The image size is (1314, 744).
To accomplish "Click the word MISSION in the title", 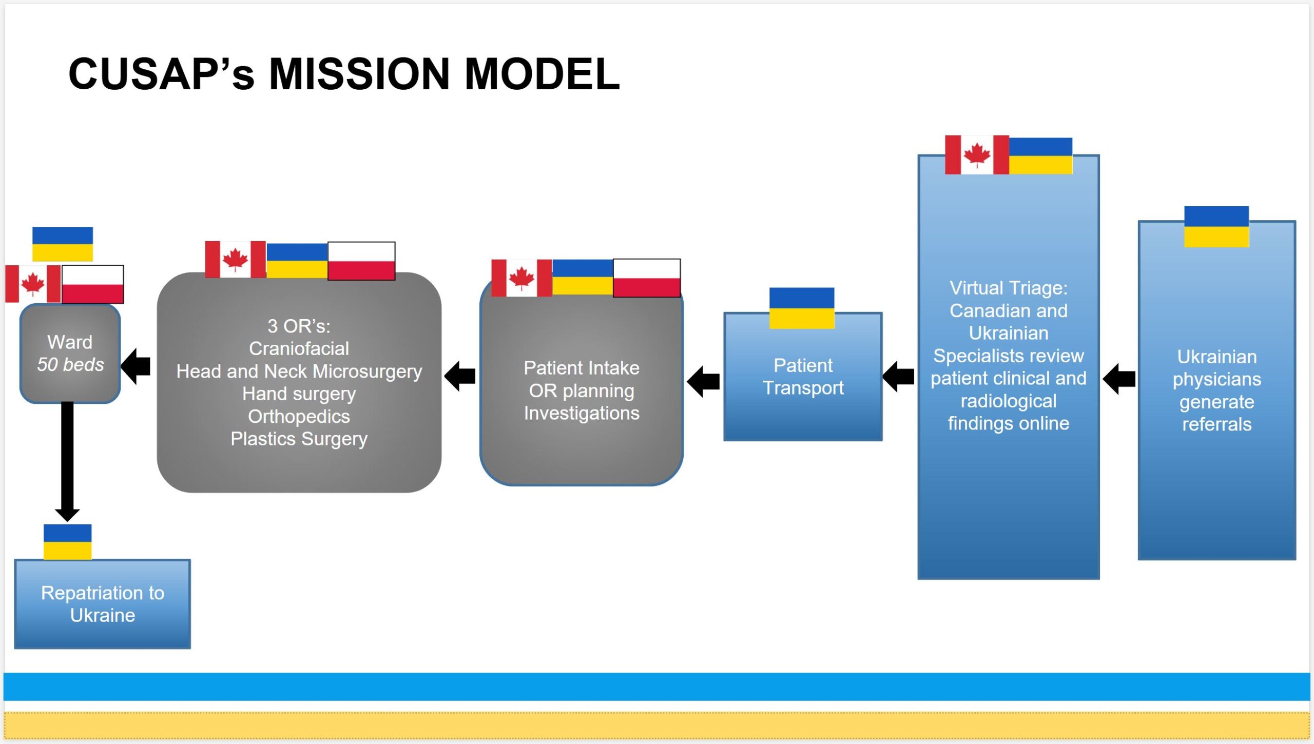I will click(x=359, y=74).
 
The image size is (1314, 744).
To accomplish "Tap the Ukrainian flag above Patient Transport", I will click(x=801, y=308).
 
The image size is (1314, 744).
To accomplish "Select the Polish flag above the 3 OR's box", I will click(x=361, y=261).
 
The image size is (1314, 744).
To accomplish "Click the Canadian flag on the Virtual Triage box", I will click(x=976, y=154).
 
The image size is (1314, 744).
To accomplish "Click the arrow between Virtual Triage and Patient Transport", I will click(x=898, y=377).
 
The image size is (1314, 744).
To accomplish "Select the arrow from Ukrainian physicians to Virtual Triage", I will click(x=1119, y=379).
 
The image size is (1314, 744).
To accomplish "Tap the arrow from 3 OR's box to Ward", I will click(x=136, y=366).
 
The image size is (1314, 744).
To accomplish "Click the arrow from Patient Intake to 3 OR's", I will click(x=460, y=376).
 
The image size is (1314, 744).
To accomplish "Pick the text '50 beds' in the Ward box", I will click(x=70, y=364).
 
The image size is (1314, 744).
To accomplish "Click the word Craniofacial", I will click(x=299, y=348).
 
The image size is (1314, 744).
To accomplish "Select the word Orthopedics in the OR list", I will click(x=299, y=416).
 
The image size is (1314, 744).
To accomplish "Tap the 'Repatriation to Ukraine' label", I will click(x=103, y=604).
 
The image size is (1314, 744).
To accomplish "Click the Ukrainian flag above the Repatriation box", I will click(x=67, y=542).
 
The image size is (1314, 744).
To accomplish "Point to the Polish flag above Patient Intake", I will click(x=647, y=278).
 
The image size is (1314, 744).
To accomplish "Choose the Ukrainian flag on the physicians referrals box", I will click(x=1216, y=226).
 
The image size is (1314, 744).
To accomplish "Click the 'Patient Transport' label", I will click(x=803, y=377).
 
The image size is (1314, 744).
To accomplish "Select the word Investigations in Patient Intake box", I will click(x=582, y=413).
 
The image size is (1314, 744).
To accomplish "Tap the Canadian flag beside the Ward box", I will click(x=33, y=284).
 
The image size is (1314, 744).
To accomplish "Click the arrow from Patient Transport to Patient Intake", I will click(x=703, y=381).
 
